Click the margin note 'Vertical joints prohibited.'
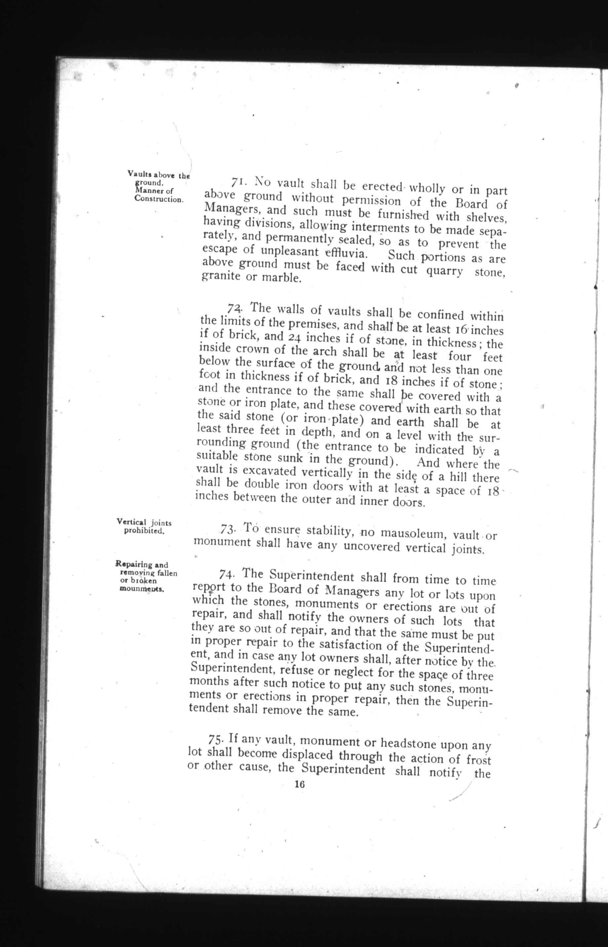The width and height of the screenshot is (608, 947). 144,527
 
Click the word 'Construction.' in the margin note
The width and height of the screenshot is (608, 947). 159,199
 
